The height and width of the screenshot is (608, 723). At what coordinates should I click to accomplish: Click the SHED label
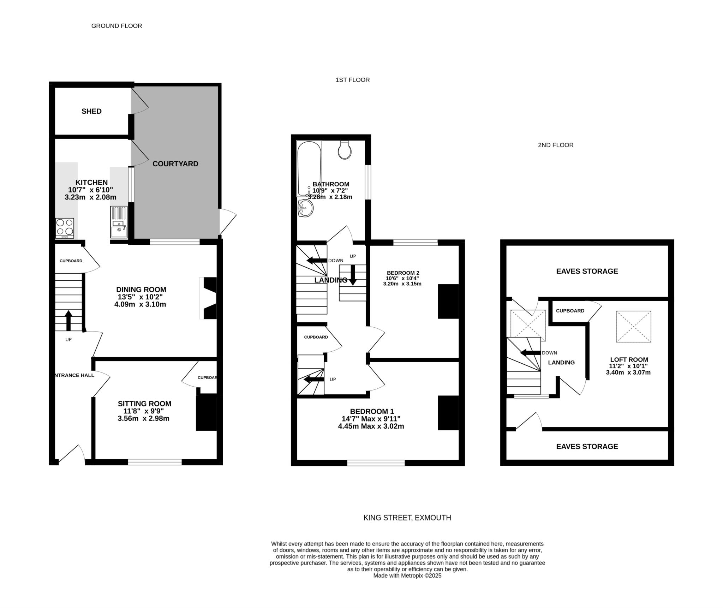[x=91, y=111]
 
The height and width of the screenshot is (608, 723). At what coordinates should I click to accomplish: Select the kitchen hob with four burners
[x=65, y=228]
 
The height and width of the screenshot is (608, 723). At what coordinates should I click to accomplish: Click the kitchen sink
[x=119, y=222]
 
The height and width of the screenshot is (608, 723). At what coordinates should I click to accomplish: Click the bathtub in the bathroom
[x=309, y=168]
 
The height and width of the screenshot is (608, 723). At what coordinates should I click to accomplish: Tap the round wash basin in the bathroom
[x=305, y=208]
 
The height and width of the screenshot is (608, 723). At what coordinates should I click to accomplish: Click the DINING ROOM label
[x=140, y=290]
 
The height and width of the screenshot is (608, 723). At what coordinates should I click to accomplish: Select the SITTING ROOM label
[x=144, y=404]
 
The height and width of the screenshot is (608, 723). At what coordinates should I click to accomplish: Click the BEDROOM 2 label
[x=403, y=273]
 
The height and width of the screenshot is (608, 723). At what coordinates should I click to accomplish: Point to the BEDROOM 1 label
[x=372, y=411]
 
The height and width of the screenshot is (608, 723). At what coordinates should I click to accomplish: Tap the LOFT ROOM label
[x=629, y=360]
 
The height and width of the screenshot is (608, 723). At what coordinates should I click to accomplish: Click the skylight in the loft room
[x=634, y=326]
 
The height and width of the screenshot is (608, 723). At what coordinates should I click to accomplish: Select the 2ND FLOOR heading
[x=556, y=145]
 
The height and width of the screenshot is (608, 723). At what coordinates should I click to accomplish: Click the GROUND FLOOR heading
[x=116, y=26]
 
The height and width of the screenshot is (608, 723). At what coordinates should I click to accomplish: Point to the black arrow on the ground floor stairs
[x=68, y=321]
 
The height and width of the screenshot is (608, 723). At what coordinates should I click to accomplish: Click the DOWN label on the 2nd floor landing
[x=549, y=353]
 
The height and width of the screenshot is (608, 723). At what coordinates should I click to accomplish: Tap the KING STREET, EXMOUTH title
[x=407, y=518]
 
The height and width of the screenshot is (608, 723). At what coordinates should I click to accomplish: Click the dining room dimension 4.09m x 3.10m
[x=140, y=304]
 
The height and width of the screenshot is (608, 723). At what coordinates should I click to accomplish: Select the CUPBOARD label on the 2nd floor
[x=570, y=311]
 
